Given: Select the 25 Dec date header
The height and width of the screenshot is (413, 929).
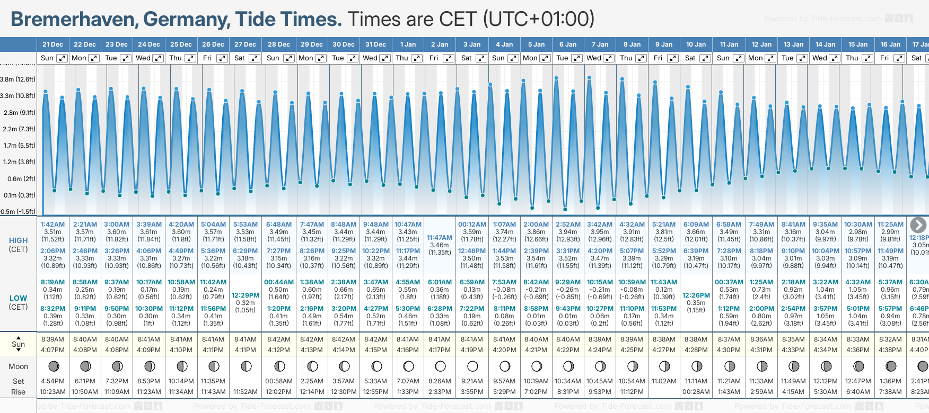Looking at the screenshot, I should pos(181,44).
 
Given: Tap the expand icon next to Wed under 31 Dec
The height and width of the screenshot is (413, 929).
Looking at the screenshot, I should pos(385,58).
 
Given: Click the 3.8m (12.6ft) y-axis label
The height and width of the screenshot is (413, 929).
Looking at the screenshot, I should pos(18,79).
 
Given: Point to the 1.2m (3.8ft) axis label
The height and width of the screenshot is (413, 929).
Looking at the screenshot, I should pos(18,162).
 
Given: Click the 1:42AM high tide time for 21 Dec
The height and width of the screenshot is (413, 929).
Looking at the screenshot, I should pos(52,225).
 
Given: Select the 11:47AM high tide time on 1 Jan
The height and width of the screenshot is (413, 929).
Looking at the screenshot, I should pos(440,238).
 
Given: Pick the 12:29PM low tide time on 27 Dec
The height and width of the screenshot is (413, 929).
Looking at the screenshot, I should pos(246,295).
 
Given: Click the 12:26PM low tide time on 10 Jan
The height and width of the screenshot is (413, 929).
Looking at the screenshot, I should pos(696,295).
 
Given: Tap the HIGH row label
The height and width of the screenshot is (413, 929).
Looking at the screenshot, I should pos(18,240).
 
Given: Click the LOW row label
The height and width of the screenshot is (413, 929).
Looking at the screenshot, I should pos(18,298).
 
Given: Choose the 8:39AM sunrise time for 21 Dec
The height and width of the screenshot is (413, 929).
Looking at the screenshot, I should pos(52,339).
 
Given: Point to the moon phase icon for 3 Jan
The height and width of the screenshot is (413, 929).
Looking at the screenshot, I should pos(472,366).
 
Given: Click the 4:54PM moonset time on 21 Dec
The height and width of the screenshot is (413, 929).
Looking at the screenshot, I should pos(52,381).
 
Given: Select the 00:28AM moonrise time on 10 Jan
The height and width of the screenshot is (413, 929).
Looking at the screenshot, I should pos(696,392).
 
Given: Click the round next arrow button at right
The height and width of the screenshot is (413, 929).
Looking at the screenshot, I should pos(918,225).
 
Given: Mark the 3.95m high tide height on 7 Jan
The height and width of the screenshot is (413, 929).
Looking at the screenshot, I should pos(600,232).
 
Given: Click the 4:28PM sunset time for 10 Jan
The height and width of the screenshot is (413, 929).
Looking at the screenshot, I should pos(696,350).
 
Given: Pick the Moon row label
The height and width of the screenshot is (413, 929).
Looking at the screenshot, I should pos(18,366).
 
